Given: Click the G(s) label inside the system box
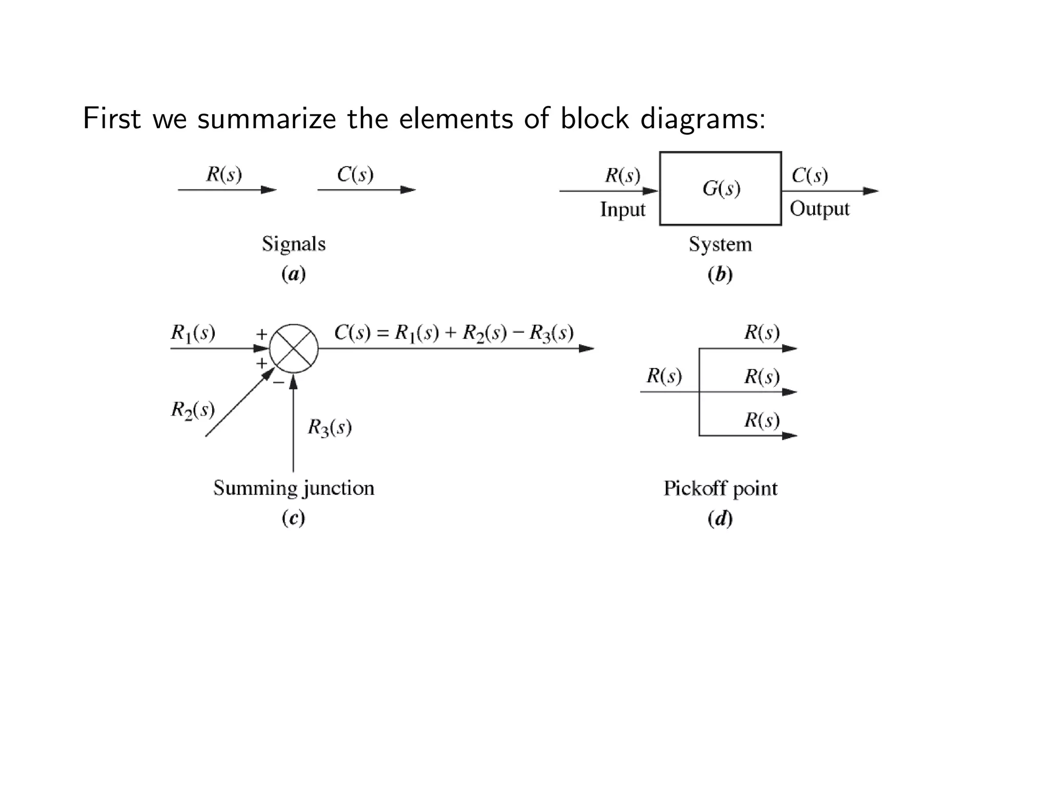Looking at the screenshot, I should (x=721, y=189).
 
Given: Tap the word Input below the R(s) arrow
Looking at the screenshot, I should (x=622, y=210).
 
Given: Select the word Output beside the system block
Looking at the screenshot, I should (x=819, y=209).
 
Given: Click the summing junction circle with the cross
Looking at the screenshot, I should (x=294, y=349).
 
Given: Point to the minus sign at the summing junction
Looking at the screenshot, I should (x=278, y=382).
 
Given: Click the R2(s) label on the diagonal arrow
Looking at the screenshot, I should (x=193, y=410).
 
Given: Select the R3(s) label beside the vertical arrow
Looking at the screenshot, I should (x=330, y=427).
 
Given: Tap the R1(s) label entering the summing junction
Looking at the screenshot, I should (x=193, y=333).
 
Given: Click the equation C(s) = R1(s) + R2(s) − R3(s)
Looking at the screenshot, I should (x=453, y=333).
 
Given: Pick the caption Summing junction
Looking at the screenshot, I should (x=294, y=488).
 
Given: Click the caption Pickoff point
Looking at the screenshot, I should (x=720, y=488).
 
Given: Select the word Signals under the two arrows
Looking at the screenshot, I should (x=294, y=244).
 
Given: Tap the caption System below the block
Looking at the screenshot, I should (x=720, y=244).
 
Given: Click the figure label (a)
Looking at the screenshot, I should (x=294, y=274).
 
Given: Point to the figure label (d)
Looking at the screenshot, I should (x=720, y=519).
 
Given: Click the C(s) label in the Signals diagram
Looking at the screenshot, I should (x=355, y=174).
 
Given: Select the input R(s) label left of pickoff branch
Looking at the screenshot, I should (x=664, y=376).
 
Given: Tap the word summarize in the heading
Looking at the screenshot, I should (x=267, y=119).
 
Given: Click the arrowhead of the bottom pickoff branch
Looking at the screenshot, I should (x=790, y=436).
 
